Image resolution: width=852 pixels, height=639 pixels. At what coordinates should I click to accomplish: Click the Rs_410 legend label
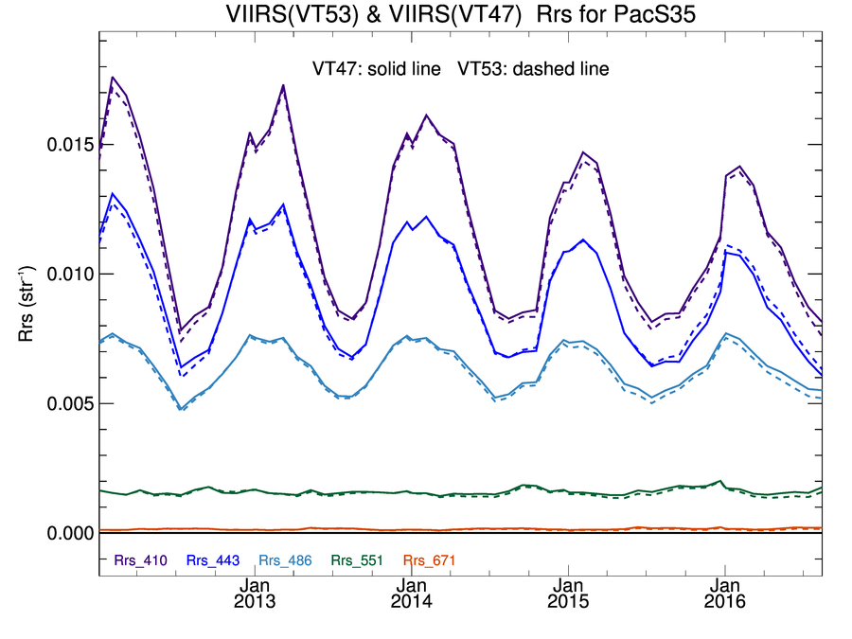tap(141, 560)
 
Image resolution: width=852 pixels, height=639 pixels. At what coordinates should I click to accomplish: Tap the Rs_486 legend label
tap(286, 560)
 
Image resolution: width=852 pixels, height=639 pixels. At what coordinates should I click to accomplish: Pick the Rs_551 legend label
tap(357, 560)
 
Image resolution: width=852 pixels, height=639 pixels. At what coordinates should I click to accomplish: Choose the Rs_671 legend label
tap(429, 560)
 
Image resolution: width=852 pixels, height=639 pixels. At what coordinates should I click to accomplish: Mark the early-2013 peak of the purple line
tap(283, 85)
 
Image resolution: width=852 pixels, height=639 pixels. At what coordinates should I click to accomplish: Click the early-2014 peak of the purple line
tap(427, 115)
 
